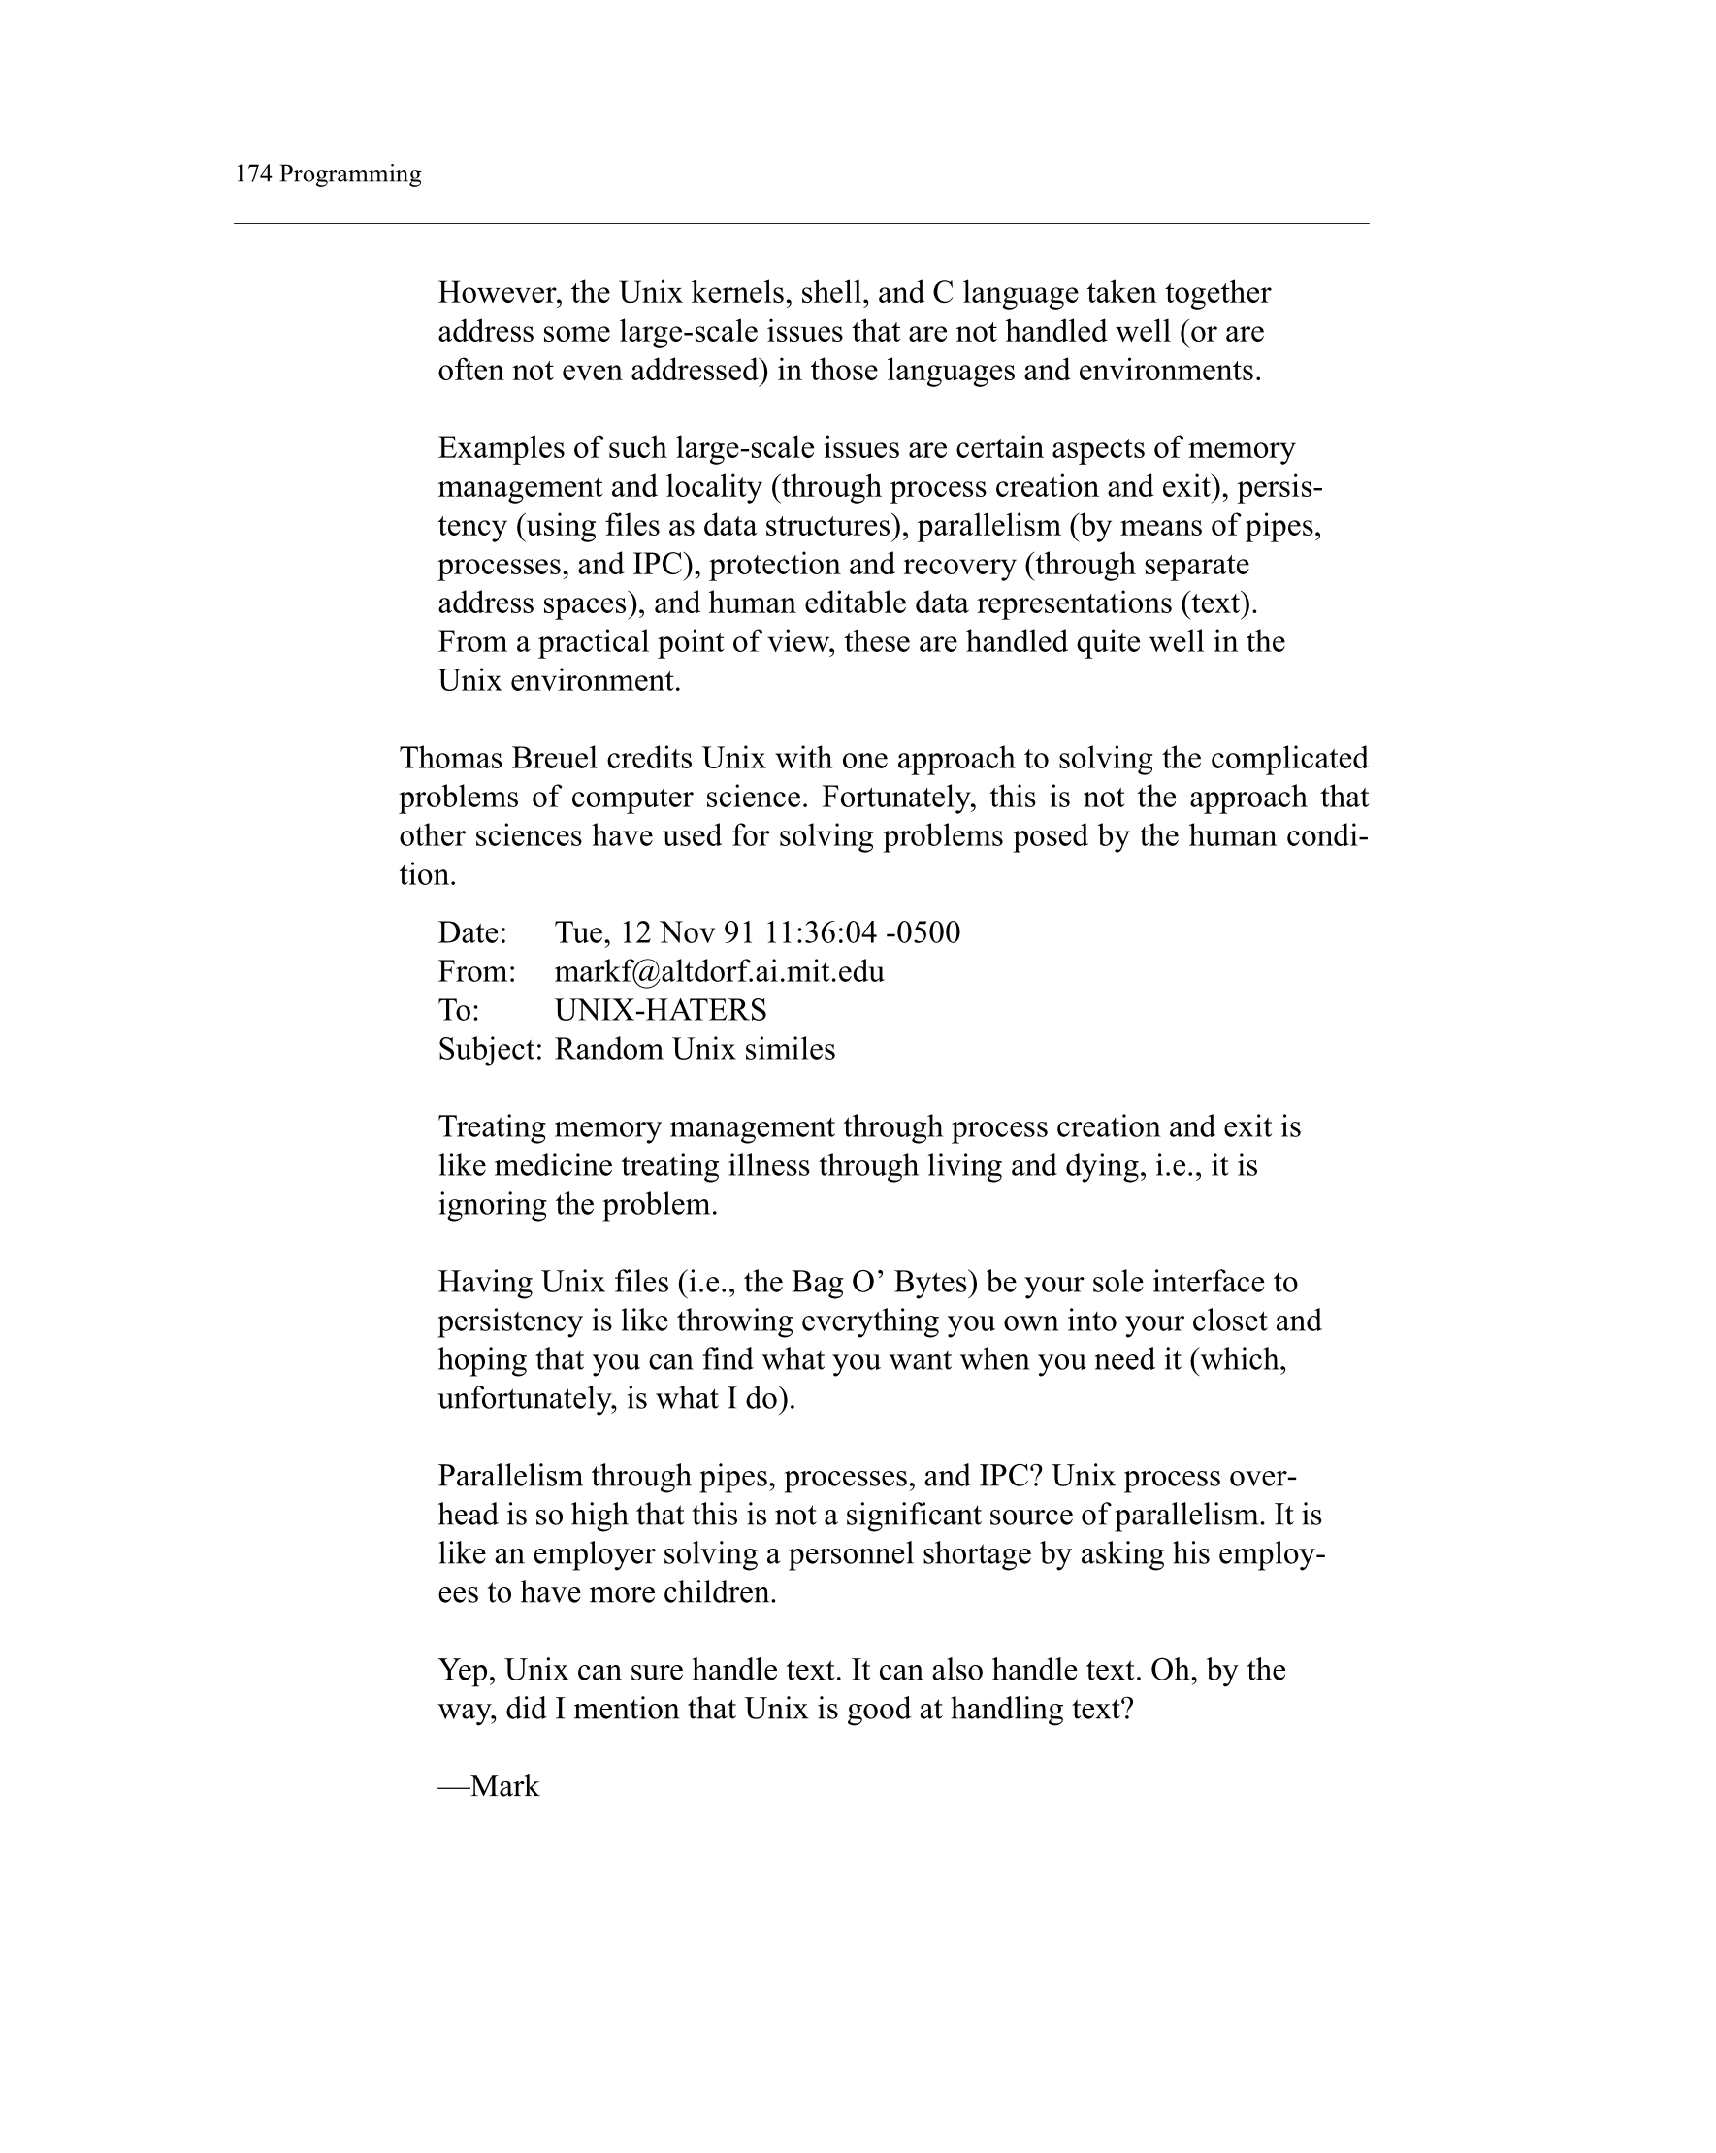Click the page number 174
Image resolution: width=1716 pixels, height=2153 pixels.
[252, 174]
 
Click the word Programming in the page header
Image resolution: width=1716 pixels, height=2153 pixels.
[350, 175]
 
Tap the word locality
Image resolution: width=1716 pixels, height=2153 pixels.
[716, 487]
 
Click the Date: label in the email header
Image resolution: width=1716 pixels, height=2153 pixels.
[473, 932]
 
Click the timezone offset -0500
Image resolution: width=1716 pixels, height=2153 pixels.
[923, 932]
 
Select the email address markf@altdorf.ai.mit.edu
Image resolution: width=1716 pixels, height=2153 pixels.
[719, 971]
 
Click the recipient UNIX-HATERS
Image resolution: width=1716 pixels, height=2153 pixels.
[661, 1011]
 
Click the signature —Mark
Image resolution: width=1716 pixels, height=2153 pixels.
[489, 1786]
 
